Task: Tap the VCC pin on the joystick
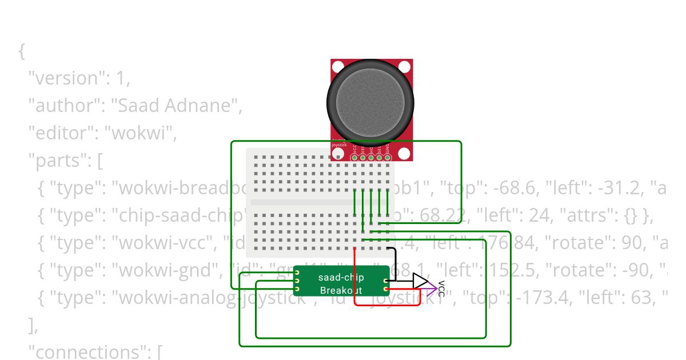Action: tap(354, 158)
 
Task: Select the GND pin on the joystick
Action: tap(388, 158)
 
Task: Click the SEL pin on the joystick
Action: tap(379, 158)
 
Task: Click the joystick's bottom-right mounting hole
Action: tap(404, 153)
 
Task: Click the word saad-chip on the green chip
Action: tap(341, 278)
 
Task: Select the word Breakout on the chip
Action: tap(341, 291)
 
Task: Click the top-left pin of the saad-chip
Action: tap(297, 273)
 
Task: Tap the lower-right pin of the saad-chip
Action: tap(386, 289)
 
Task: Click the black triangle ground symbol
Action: tap(420, 281)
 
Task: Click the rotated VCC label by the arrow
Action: tap(441, 289)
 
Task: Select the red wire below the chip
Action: tap(389, 305)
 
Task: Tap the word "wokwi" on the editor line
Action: tap(143, 133)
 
